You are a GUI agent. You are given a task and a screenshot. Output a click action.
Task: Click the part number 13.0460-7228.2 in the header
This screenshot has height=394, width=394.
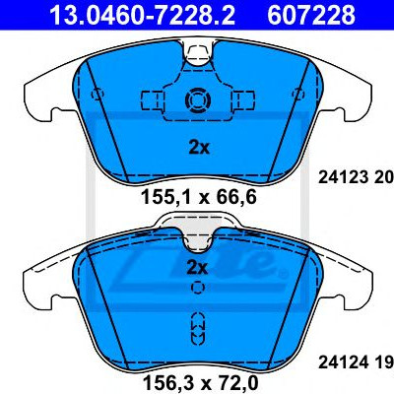142,15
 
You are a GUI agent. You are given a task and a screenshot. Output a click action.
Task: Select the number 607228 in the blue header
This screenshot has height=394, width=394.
311,15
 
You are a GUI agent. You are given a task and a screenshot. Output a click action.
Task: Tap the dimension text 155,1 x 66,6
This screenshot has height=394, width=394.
199,198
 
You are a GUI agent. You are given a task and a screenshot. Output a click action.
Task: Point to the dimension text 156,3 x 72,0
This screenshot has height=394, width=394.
200,383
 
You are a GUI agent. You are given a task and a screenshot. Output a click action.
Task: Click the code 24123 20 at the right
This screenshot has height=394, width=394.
357,177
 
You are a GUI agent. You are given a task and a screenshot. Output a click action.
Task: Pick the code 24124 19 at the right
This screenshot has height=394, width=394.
357,362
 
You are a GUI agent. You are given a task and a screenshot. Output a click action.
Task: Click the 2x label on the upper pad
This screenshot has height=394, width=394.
199,149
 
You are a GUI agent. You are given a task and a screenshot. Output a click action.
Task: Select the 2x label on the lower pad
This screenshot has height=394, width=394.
197,268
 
